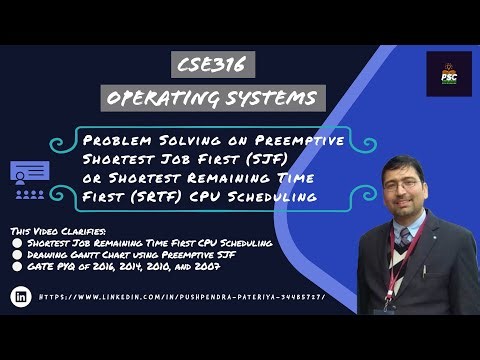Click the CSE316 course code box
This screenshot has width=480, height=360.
[x=212, y=66]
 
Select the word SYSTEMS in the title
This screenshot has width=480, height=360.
[x=277, y=98]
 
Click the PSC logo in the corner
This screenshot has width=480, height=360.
[x=448, y=74]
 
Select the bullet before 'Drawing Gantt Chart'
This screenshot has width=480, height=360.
[x=16, y=254]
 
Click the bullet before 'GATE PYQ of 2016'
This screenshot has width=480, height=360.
[x=16, y=267]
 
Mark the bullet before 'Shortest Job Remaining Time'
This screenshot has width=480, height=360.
[x=16, y=241]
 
